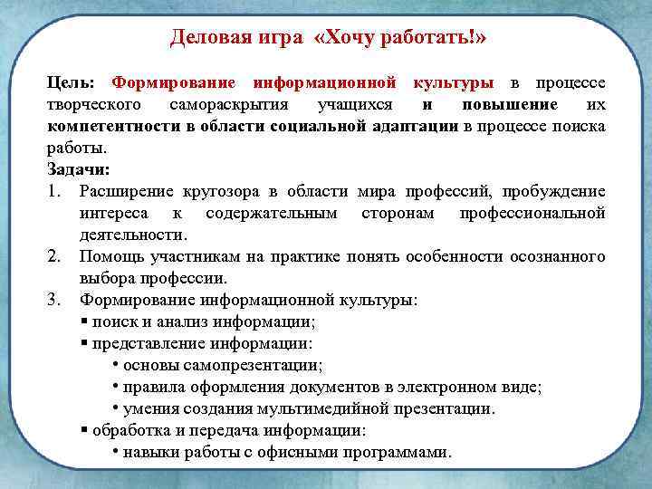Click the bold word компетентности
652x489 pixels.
[110, 126]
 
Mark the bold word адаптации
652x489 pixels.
[415, 126]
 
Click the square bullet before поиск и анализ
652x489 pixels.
[83, 321]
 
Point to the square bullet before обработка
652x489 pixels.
[83, 430]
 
